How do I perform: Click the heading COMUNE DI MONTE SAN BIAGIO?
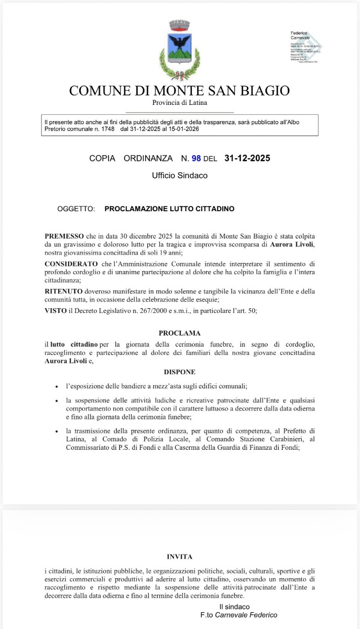coord(179,91)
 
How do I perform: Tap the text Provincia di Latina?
coord(180,103)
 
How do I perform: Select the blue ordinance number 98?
coord(197,158)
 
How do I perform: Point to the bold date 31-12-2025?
coord(247,158)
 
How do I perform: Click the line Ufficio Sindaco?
coord(180,176)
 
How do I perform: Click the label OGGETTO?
coord(76,209)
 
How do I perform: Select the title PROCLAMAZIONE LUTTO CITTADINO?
coord(169,209)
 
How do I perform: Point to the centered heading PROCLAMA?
coord(180,333)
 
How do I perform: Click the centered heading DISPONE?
coord(180,372)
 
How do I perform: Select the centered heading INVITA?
coord(180,557)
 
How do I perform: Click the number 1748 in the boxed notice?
coord(105,128)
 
